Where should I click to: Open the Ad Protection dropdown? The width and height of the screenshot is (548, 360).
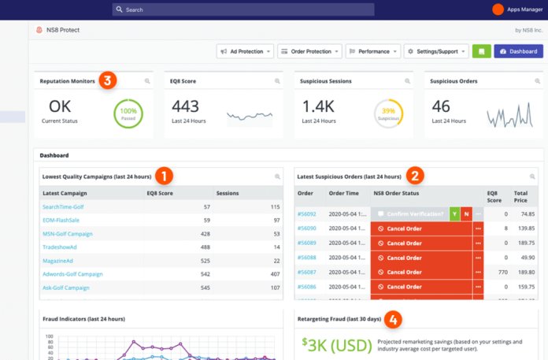point(245,51)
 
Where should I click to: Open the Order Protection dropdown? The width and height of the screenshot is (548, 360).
point(309,51)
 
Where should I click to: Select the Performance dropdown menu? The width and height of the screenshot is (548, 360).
point(372,51)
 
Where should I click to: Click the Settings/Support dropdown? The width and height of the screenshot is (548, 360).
point(435,51)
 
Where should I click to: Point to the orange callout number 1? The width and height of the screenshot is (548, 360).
point(164,176)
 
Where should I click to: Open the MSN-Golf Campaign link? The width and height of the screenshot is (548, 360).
point(68,233)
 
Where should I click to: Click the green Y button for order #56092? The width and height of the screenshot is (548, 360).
point(454,213)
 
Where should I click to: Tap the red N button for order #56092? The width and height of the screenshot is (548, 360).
point(466,213)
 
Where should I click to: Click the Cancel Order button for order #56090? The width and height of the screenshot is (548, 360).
point(420,228)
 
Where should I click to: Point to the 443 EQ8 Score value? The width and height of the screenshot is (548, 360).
point(186,106)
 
